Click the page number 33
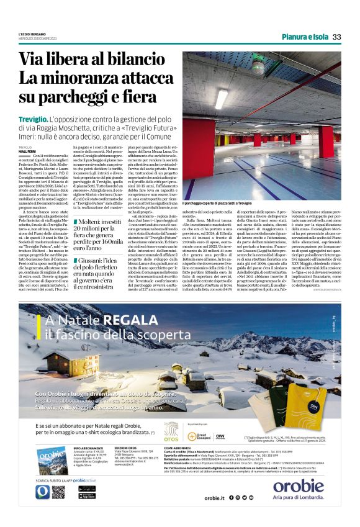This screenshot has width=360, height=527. coord(337,37)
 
